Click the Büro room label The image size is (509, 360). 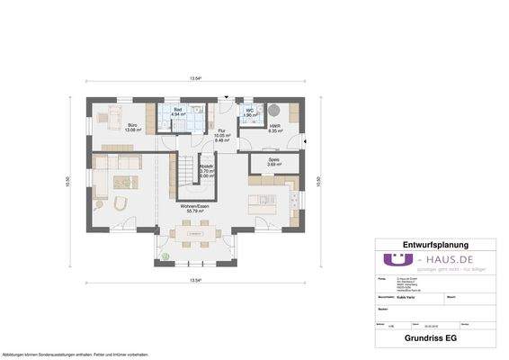131,127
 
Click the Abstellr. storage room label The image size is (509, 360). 206,172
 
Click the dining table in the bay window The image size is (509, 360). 193,238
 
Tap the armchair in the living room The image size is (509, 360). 124,202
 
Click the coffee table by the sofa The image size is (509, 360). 121,183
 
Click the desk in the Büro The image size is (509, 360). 118,146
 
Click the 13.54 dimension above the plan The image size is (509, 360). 194,79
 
